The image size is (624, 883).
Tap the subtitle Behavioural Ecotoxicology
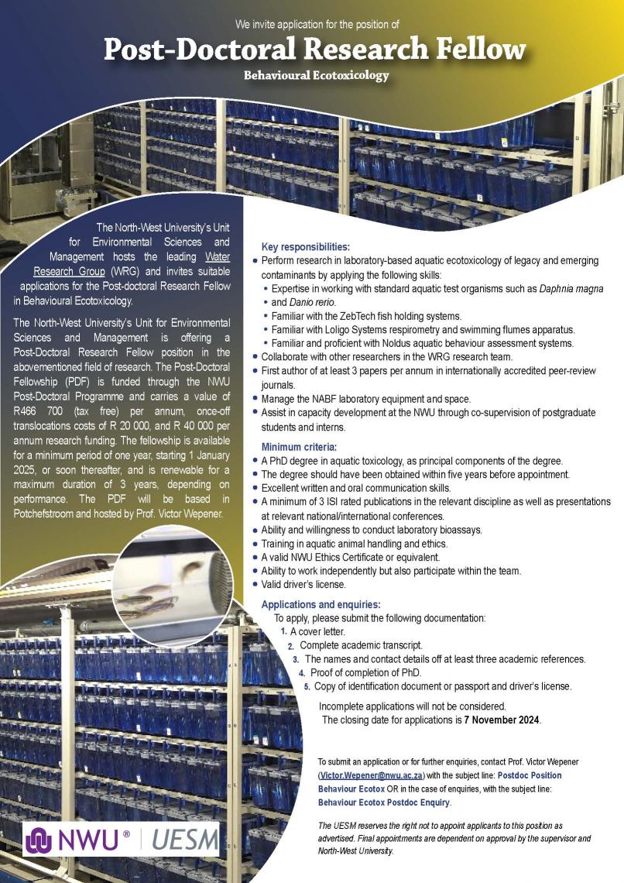[x=316, y=76]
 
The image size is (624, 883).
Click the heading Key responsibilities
[x=306, y=247]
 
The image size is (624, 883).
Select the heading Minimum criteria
[x=299, y=447]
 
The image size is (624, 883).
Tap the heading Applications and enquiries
[x=321, y=604]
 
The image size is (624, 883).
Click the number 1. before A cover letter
[x=283, y=632]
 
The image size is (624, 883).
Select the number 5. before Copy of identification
[x=307, y=686]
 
